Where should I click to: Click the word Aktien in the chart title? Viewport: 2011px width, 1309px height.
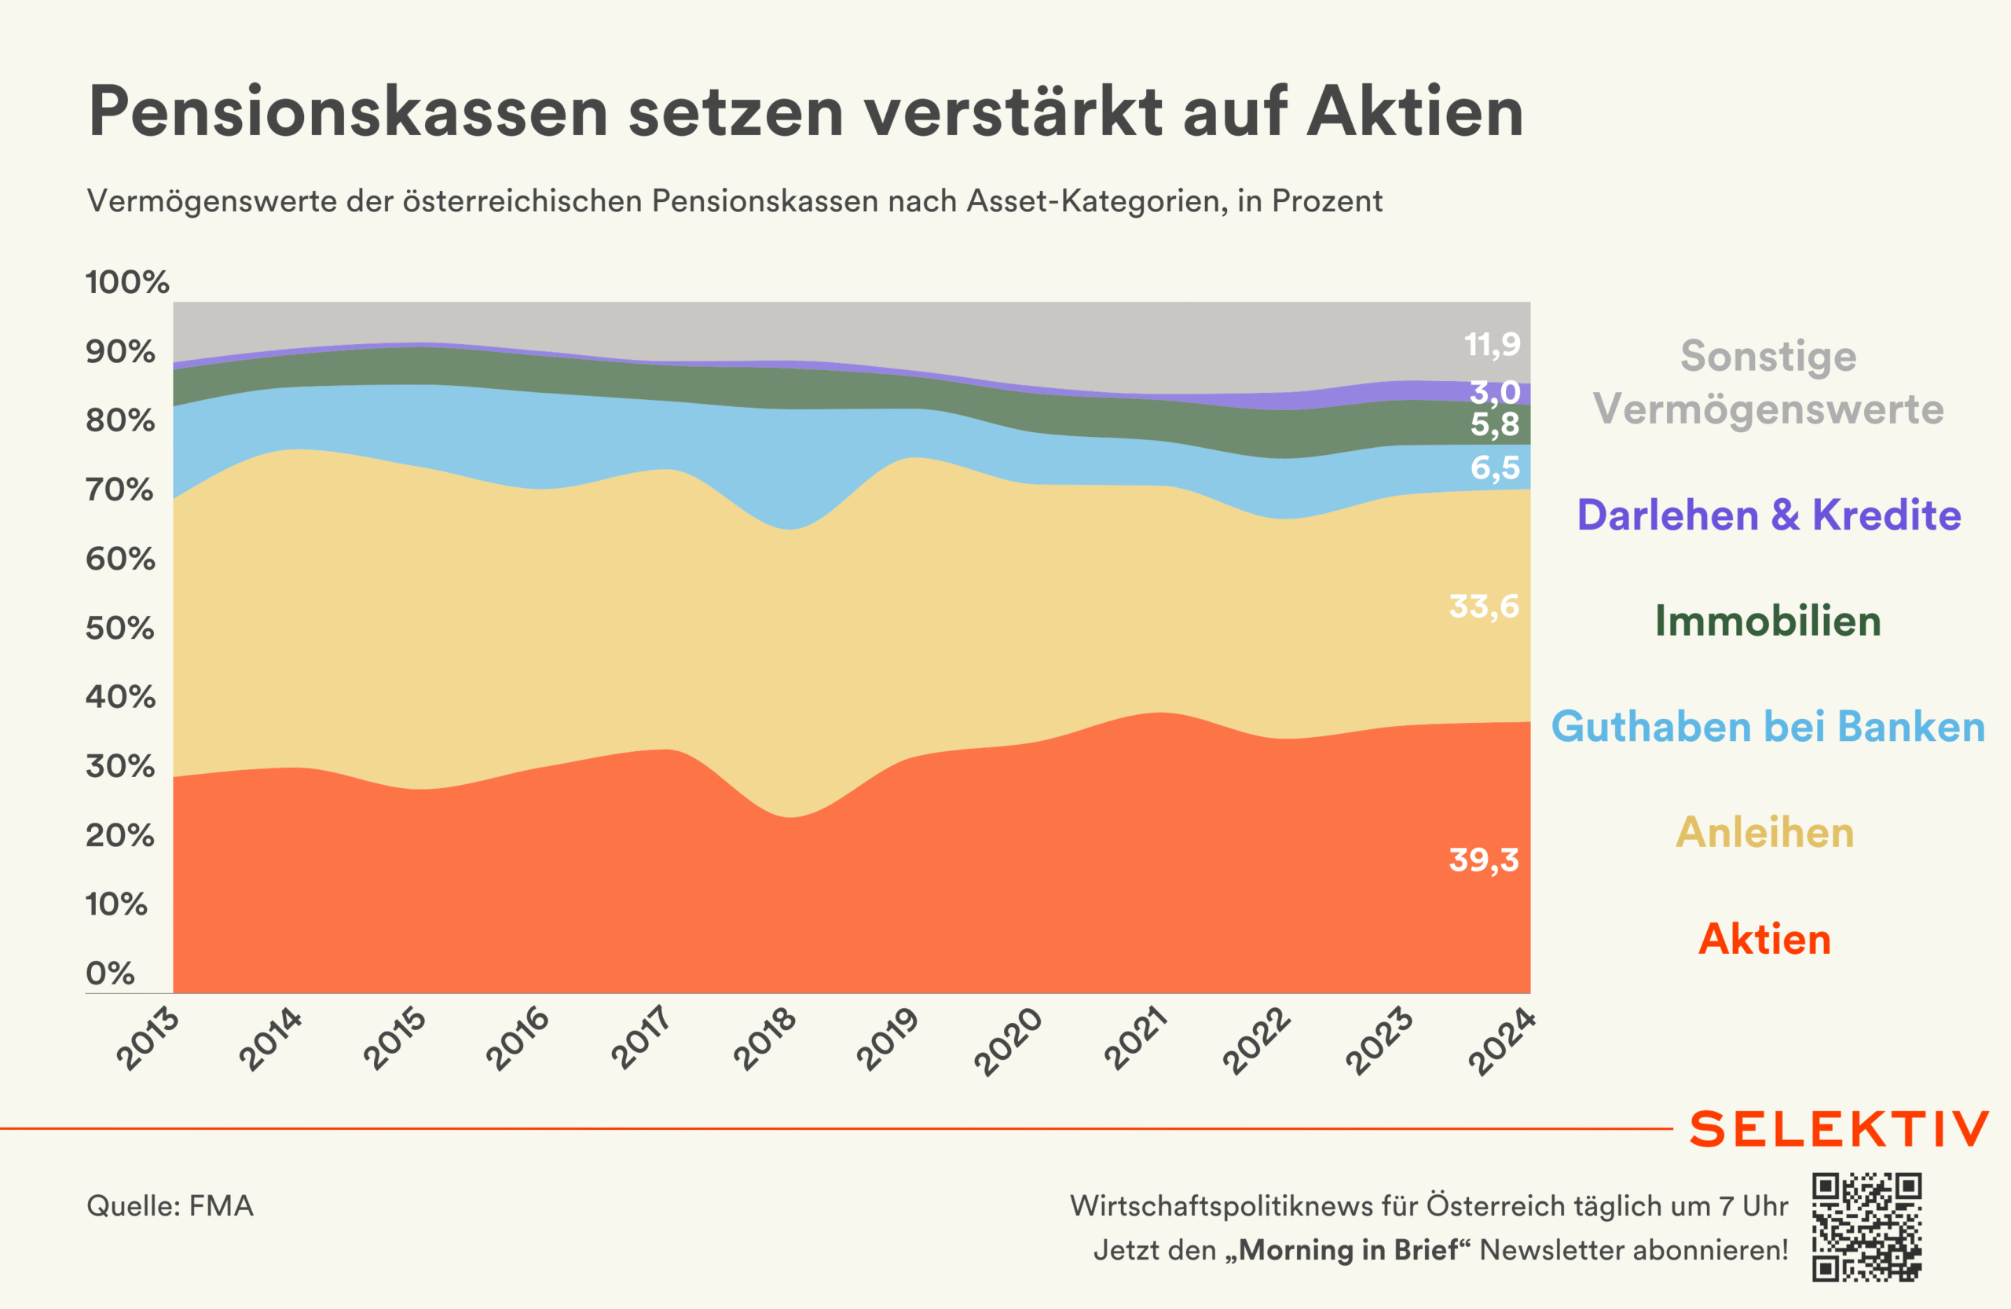pyautogui.click(x=1416, y=112)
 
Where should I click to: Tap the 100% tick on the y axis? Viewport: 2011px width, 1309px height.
pyautogui.click(x=126, y=282)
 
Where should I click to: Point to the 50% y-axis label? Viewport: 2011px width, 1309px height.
pyautogui.click(x=120, y=628)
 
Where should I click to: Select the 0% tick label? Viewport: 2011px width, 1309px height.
pyautogui.click(x=110, y=973)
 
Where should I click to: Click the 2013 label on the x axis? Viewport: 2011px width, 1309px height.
pyautogui.click(x=148, y=1039)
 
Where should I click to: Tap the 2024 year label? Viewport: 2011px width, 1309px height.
pyautogui.click(x=1500, y=1041)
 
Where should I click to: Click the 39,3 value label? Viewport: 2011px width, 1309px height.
pyautogui.click(x=1484, y=860)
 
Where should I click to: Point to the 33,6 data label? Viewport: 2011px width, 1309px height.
pyautogui.click(x=1484, y=607)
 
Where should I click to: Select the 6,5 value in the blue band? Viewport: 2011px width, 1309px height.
pyautogui.click(x=1495, y=468)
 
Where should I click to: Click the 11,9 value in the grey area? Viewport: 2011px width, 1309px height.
pyautogui.click(x=1493, y=345)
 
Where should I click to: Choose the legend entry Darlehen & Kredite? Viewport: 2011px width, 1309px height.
pyautogui.click(x=1769, y=515)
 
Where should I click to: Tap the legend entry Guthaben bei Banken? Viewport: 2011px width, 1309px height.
pyautogui.click(x=1767, y=727)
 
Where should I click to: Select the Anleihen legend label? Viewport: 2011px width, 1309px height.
pyautogui.click(x=1765, y=833)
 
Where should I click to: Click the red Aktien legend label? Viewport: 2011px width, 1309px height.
pyautogui.click(x=1765, y=940)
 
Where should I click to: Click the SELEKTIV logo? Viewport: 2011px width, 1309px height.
pyautogui.click(x=1839, y=1129)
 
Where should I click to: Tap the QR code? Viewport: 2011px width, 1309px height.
pyautogui.click(x=1866, y=1227)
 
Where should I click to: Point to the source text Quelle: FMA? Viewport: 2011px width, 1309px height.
pyautogui.click(x=170, y=1206)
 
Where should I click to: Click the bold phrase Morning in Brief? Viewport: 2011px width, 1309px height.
pyautogui.click(x=1349, y=1250)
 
